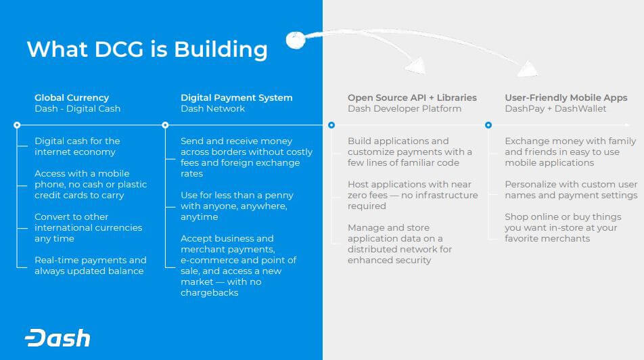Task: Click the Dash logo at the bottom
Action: tap(57, 338)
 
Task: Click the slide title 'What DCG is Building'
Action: tap(147, 49)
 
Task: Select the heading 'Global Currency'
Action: tap(72, 98)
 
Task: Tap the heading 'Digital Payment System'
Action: tap(237, 98)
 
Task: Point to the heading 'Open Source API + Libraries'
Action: tap(412, 98)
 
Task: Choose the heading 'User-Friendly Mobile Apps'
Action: tap(566, 98)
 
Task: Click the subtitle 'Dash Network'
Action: tap(212, 108)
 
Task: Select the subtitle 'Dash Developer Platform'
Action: tap(404, 108)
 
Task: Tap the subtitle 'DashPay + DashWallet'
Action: tap(555, 108)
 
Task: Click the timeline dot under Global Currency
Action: tap(17, 125)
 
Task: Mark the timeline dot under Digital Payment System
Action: tap(165, 125)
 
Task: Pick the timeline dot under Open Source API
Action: tap(331, 125)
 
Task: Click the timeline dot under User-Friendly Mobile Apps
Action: tap(488, 125)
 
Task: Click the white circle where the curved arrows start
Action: tap(296, 40)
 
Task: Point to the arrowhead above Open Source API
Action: tap(415, 66)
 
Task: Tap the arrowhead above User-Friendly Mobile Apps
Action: tap(528, 68)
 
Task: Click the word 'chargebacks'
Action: tap(210, 292)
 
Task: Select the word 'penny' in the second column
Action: tap(281, 195)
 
